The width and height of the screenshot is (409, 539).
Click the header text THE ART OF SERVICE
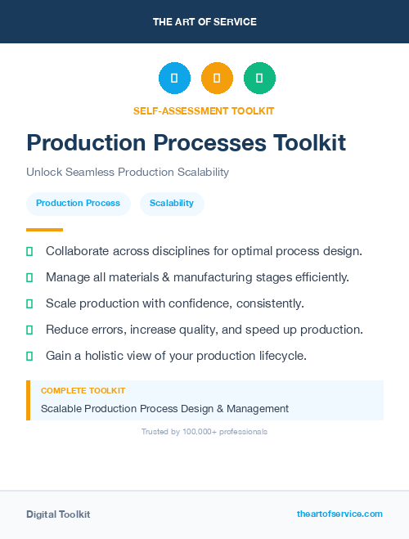point(204,22)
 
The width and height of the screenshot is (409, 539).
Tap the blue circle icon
point(174,79)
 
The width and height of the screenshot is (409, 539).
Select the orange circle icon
point(217,79)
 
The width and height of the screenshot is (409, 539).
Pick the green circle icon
point(259,79)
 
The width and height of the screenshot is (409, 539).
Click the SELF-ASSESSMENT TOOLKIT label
point(204,110)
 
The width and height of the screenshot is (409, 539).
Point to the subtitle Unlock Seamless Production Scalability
point(128,173)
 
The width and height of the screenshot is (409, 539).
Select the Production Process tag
point(78,204)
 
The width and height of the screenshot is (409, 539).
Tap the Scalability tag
point(172,204)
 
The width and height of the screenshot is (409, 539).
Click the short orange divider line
point(44,230)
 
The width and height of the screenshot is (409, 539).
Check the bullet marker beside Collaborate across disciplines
point(29,251)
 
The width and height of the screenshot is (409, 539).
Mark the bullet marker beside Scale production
point(29,303)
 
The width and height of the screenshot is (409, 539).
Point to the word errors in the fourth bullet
point(104,330)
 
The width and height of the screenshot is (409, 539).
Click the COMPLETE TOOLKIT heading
point(83,391)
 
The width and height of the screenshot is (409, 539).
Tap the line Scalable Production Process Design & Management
point(164,408)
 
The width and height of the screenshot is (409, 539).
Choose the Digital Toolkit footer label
point(58,514)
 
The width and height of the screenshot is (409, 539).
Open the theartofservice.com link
point(339,514)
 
